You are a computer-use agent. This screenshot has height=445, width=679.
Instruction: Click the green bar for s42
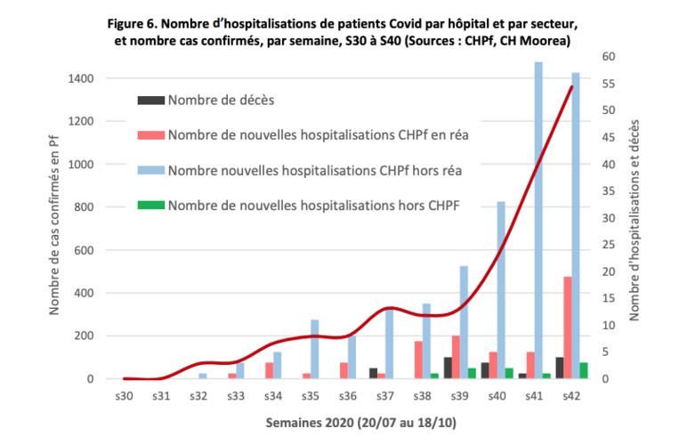click(x=584, y=370)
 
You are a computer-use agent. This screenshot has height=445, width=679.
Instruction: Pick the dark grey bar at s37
click(x=373, y=373)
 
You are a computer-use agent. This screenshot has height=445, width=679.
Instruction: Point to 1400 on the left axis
click(x=83, y=78)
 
